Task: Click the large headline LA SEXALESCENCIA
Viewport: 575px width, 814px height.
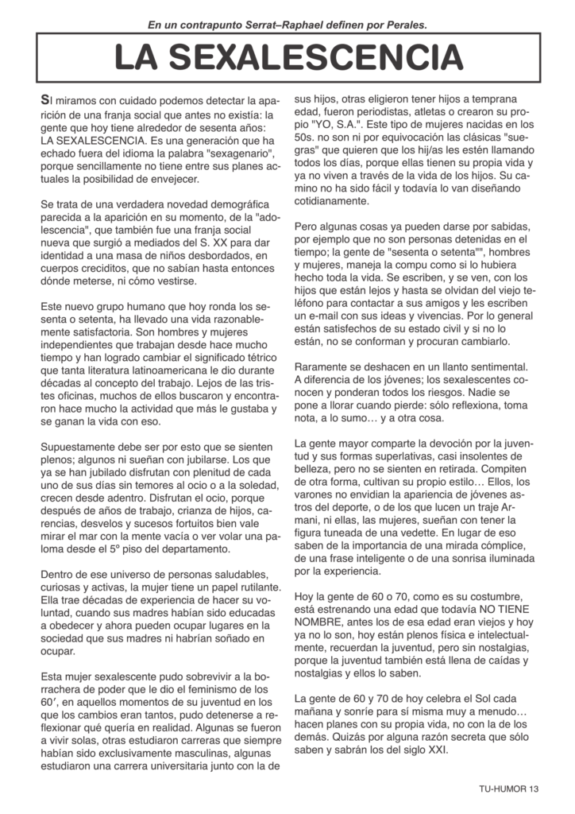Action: click(287, 58)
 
